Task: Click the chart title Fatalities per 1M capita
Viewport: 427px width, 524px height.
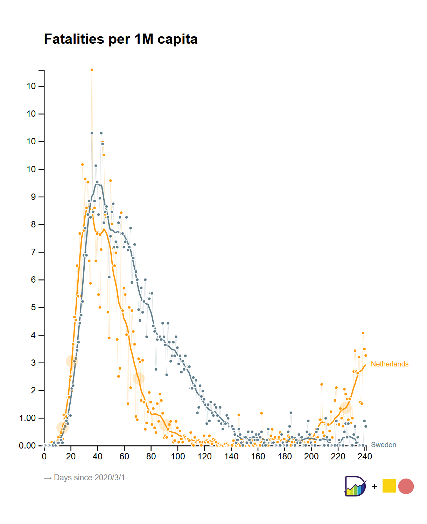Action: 121,39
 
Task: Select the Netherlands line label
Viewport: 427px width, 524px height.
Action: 390,364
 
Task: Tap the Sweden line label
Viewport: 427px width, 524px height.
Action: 384,445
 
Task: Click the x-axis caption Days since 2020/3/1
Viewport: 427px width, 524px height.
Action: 84,478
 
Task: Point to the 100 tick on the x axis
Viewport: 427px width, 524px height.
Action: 178,457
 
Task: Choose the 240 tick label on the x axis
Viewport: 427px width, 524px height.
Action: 365,457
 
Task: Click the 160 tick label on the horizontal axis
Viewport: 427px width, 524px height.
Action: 258,457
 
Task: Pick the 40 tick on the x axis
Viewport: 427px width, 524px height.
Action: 98,457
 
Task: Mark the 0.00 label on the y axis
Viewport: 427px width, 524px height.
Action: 27,446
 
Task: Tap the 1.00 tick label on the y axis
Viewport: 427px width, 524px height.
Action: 27,418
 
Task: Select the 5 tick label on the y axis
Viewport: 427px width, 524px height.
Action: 33,307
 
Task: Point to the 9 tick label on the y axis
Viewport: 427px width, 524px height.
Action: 33,197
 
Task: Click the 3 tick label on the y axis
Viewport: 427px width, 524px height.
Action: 33,363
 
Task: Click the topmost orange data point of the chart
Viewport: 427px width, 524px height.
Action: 92,70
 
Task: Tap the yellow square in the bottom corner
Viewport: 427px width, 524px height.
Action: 389,486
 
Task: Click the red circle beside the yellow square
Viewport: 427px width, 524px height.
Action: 406,486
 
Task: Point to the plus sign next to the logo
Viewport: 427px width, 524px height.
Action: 374,486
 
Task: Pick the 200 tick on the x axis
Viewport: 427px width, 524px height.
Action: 311,457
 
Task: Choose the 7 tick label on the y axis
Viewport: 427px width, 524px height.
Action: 33,252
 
